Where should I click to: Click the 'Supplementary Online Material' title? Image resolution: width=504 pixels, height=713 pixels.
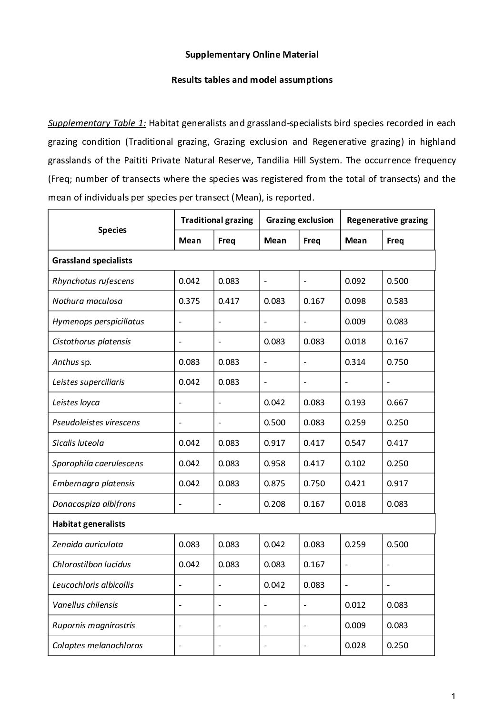pyautogui.click(x=252, y=54)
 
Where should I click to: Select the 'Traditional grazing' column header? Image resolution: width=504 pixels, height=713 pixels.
pyautogui.click(x=217, y=220)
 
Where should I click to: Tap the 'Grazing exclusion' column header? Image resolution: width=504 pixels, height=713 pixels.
pyautogui.click(x=300, y=220)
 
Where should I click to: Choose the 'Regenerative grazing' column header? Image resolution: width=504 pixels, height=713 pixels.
pyautogui.click(x=387, y=220)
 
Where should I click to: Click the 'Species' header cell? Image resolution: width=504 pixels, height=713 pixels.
pyautogui.click(x=112, y=230)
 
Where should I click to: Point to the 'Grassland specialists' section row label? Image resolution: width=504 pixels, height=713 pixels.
pyautogui.click(x=92, y=261)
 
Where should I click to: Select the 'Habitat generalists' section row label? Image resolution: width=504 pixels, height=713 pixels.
pyautogui.click(x=89, y=524)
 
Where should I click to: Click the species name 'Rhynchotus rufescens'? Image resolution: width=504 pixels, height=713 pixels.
pyautogui.click(x=93, y=281)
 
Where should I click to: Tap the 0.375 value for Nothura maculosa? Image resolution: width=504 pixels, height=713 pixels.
pyautogui.click(x=189, y=301)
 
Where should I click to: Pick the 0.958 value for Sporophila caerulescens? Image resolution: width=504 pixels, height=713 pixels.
pyautogui.click(x=274, y=463)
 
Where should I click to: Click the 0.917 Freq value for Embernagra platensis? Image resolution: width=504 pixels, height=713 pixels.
pyautogui.click(x=397, y=483)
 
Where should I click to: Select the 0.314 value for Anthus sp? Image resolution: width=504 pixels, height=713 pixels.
pyautogui.click(x=355, y=362)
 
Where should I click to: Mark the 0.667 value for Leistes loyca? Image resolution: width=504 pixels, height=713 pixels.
pyautogui.click(x=397, y=402)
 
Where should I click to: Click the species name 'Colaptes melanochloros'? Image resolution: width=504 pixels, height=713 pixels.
pyautogui.click(x=97, y=645)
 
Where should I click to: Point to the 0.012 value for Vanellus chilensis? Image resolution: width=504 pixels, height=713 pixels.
pyautogui.click(x=355, y=605)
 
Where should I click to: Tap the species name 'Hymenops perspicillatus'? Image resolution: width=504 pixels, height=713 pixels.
pyautogui.click(x=98, y=321)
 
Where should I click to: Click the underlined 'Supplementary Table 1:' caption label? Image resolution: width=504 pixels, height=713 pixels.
pyautogui.click(x=97, y=123)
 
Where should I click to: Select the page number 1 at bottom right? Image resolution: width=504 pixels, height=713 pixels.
pyautogui.click(x=454, y=697)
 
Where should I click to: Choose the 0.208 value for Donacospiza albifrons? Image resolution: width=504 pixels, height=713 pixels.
pyautogui.click(x=274, y=504)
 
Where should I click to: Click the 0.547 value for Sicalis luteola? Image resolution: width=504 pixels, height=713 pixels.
pyautogui.click(x=355, y=443)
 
